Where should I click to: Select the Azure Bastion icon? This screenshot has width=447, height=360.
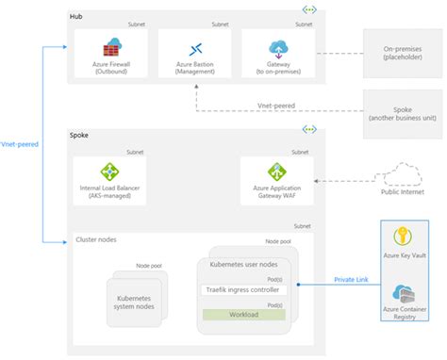194,48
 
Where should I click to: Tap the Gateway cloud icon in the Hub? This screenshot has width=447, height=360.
278,47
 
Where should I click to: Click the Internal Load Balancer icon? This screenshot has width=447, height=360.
110,172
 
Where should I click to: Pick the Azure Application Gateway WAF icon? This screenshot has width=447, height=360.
277,172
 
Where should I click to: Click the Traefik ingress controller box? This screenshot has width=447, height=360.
244,289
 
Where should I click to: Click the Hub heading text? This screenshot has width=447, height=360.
76,17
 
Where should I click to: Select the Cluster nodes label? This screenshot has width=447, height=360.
96,240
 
